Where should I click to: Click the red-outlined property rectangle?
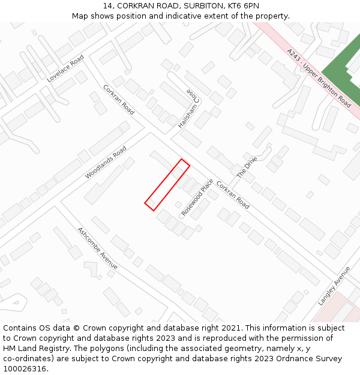[167, 185]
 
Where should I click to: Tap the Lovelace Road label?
[65, 68]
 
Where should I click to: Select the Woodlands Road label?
[106, 162]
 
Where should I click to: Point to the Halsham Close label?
[188, 109]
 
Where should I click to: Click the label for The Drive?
[246, 167]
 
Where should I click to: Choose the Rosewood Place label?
[197, 197]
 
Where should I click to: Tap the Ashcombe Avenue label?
[97, 248]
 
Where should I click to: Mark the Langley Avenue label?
[334, 286]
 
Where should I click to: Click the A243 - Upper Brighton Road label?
[319, 78]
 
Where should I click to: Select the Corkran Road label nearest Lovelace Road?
[118, 100]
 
